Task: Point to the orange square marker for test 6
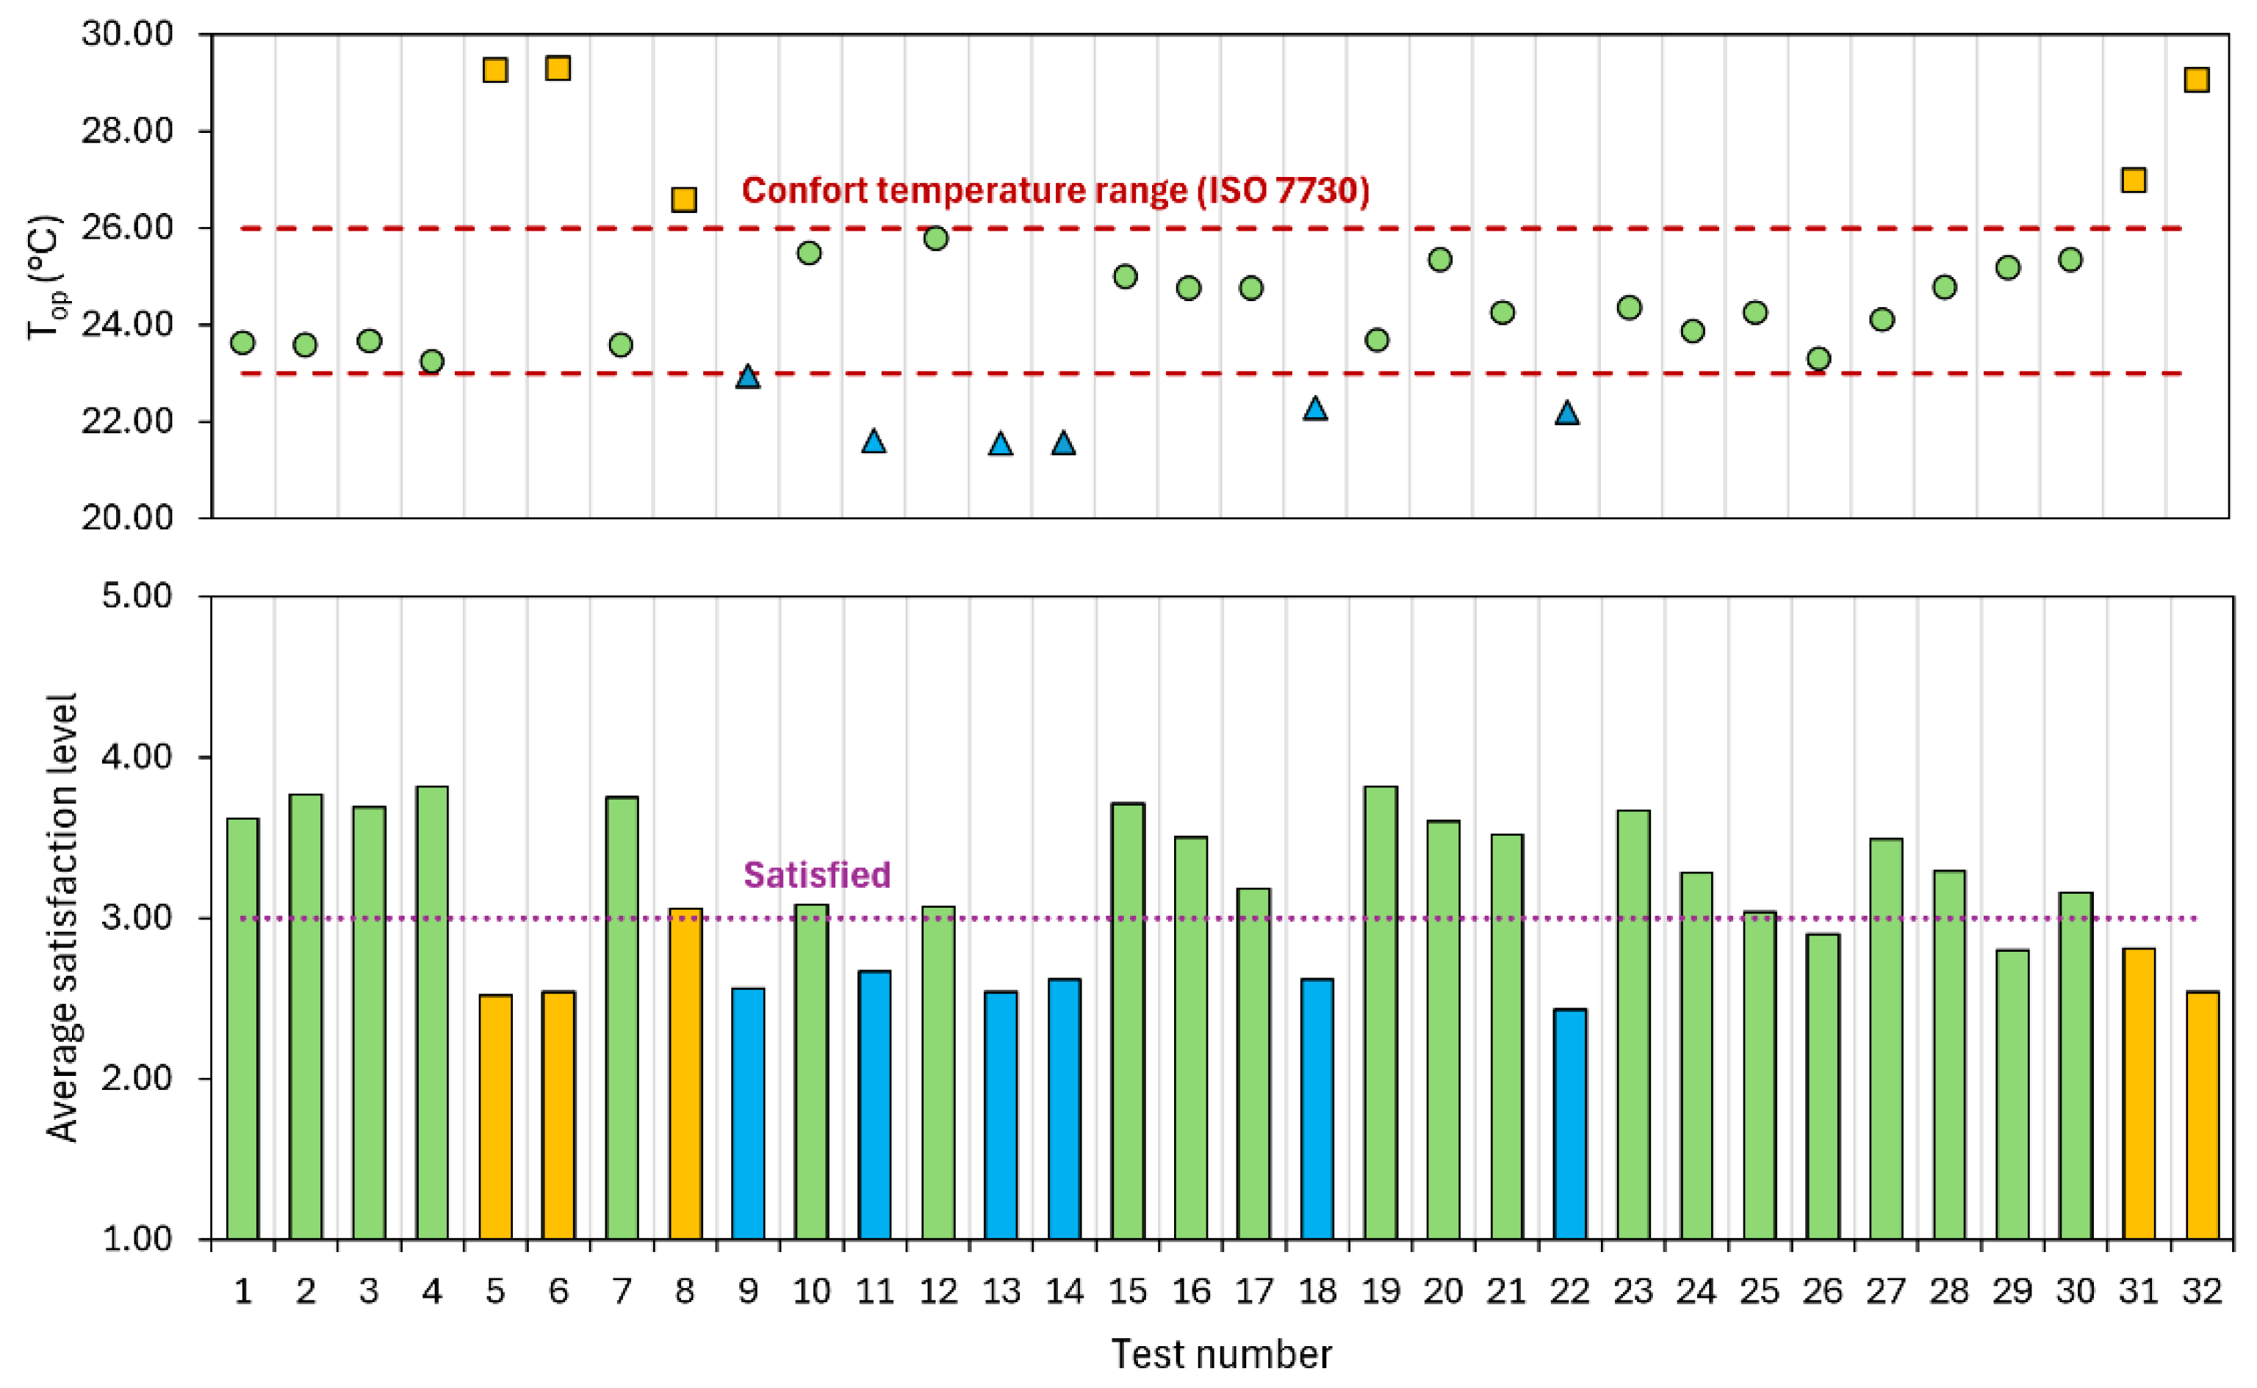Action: pyautogui.click(x=558, y=68)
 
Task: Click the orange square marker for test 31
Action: pyautogui.click(x=2133, y=180)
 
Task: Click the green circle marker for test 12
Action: pyautogui.click(x=936, y=239)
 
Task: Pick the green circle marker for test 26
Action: pyautogui.click(x=1818, y=359)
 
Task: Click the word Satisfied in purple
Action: pyautogui.click(x=816, y=875)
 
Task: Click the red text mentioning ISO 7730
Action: pyautogui.click(x=1055, y=191)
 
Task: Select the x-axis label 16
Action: pyautogui.click(x=1191, y=1292)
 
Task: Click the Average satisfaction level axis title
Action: pyautogui.click(x=62, y=917)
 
